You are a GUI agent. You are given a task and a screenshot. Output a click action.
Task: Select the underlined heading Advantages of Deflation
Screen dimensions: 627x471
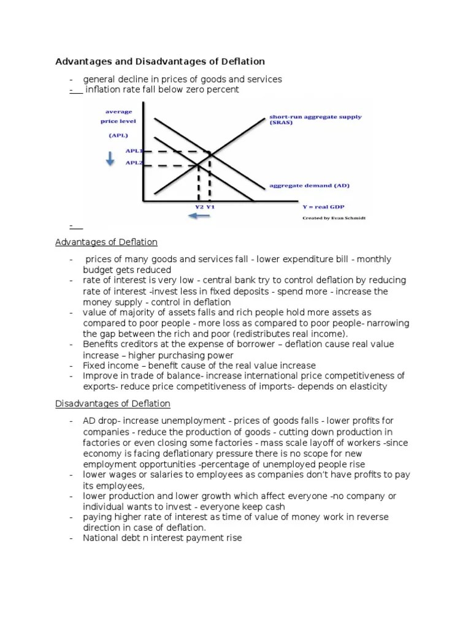click(x=106, y=242)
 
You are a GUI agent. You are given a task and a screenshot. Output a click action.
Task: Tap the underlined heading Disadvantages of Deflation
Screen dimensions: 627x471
click(x=113, y=404)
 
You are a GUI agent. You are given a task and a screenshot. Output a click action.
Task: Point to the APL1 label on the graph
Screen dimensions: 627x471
click(x=134, y=151)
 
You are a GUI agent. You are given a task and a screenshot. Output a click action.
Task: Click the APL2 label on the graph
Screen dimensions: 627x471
click(x=134, y=163)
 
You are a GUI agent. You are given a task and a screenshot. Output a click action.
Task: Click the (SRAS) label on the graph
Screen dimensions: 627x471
click(x=281, y=122)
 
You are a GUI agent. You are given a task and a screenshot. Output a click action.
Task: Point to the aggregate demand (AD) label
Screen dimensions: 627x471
click(x=310, y=185)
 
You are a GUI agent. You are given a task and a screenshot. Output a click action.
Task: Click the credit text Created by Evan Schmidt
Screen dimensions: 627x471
click(x=334, y=217)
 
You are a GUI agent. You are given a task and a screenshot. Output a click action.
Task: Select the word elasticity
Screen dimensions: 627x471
click(x=364, y=387)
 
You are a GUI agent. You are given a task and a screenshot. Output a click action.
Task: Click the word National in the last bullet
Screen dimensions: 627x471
click(x=102, y=539)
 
